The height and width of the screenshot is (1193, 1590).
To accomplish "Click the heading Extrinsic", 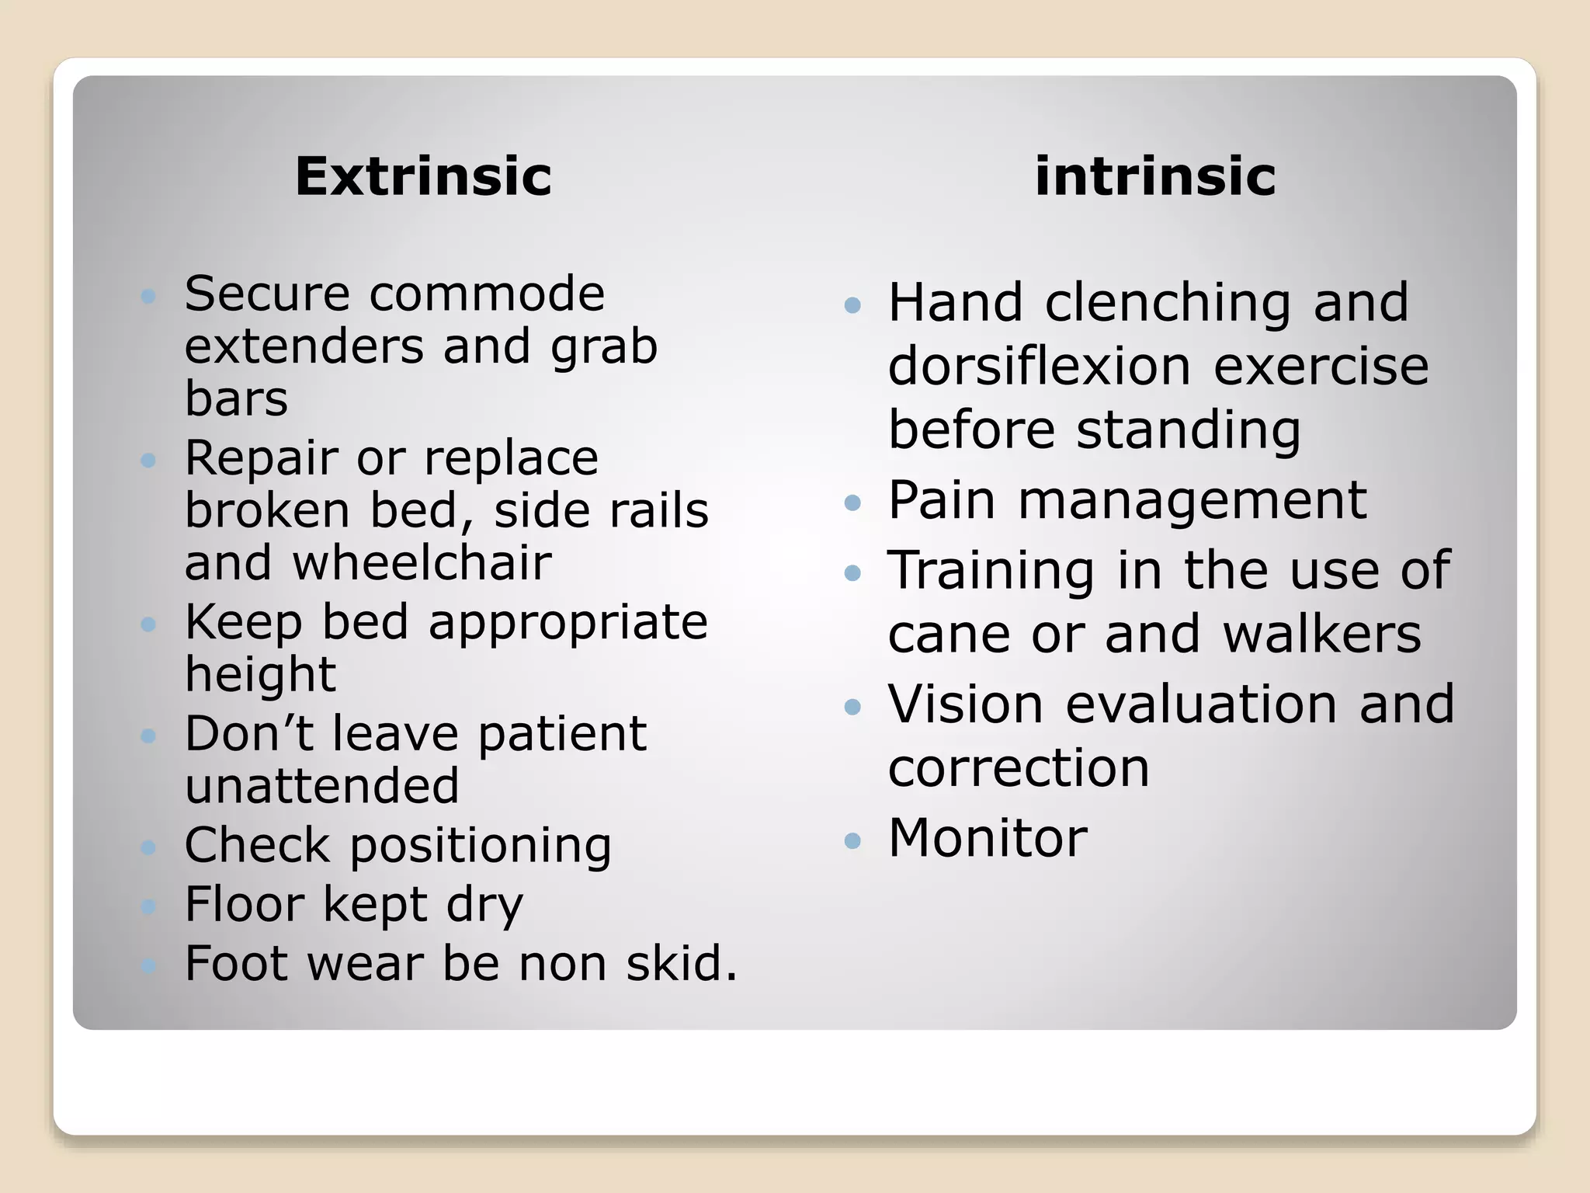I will pos(423,176).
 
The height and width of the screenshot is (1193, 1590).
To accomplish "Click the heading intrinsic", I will pos(1155,176).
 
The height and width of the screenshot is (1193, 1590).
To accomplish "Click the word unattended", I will pos(322,785).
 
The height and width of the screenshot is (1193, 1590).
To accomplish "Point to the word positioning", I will pos(481,845).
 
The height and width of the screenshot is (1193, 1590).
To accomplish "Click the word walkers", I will pos(1321,634).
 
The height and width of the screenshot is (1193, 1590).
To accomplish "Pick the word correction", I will pos(1018,768).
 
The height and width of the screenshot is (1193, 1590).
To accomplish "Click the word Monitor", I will pos(988,838).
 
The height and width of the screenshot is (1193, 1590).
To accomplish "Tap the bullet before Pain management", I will pos(852,503).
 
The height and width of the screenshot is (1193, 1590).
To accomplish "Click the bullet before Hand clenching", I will pos(852,304).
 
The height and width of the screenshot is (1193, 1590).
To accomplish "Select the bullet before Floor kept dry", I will pos(149,906).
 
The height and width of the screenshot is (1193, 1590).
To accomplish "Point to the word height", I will pos(260,674).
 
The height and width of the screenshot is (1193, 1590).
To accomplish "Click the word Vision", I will pos(965,704).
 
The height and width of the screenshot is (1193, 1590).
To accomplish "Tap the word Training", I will pos(991,572).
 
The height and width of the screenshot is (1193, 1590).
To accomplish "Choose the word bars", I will pos(236,399).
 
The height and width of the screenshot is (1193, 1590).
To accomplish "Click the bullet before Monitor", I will pos(852,840).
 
